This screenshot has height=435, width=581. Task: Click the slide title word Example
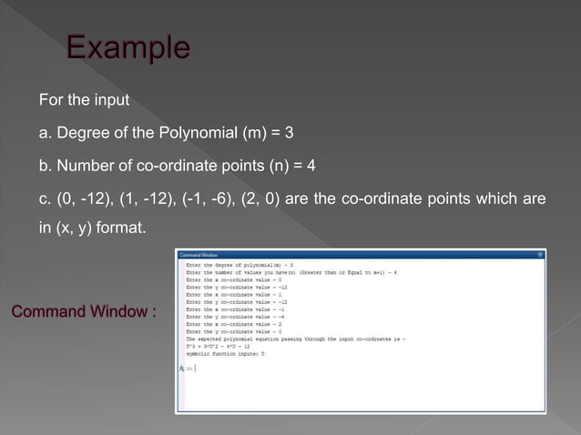pos(127,47)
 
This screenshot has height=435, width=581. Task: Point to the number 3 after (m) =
pos(290,133)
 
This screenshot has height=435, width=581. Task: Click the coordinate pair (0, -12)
pos(76,198)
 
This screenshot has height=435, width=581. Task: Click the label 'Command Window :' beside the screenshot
pos(83,312)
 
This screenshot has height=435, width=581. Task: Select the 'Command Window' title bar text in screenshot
pos(198,254)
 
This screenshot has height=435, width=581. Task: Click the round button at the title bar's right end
pos(541,254)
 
